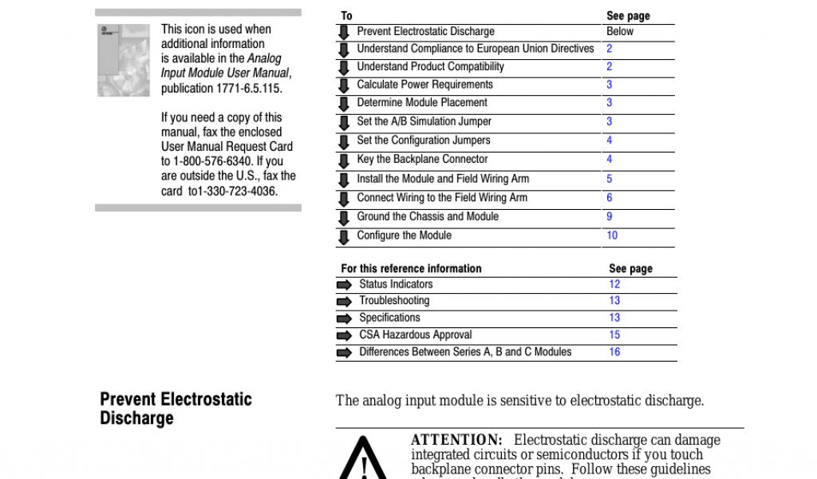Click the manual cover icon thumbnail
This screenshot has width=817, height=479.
click(x=123, y=60)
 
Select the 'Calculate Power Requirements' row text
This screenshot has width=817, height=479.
click(x=424, y=85)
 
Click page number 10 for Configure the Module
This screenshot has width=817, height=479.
click(x=612, y=236)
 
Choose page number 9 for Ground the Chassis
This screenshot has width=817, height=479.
click(x=610, y=216)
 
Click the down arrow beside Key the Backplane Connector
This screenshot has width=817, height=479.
click(x=344, y=160)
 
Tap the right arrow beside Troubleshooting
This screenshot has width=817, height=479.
click(x=344, y=302)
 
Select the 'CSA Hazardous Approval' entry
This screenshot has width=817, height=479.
click(x=415, y=335)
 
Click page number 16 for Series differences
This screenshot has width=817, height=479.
click(x=614, y=352)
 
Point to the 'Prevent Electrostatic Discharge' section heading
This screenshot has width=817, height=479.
click(x=176, y=409)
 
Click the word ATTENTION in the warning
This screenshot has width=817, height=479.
click(x=456, y=440)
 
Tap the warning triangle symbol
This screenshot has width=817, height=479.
click(x=364, y=461)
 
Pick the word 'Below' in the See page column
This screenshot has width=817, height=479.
click(x=620, y=32)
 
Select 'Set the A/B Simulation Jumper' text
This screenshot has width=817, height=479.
click(x=424, y=121)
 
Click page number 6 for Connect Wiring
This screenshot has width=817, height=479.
click(x=610, y=198)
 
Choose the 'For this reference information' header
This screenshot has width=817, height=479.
click(x=411, y=269)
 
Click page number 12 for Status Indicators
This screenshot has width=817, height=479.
click(x=614, y=284)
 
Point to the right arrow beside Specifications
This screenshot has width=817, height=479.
click(x=344, y=319)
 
